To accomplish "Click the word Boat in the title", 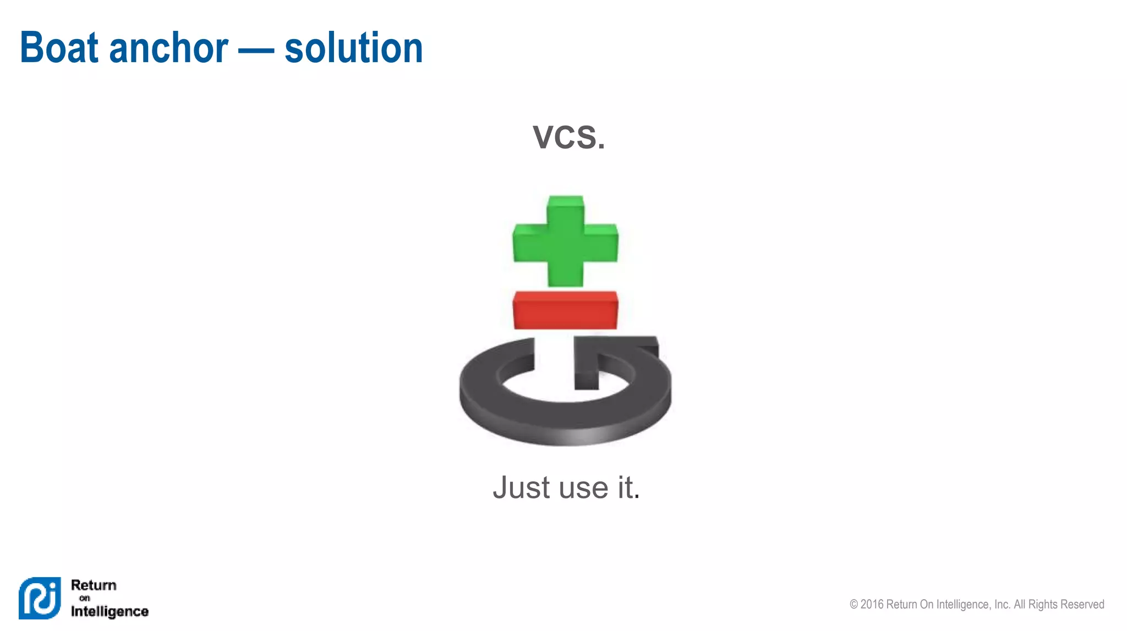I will (59, 48).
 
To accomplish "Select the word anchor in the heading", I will (168, 48).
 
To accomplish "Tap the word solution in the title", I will (353, 48).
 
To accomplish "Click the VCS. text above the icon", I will (568, 136).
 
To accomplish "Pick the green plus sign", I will (565, 242).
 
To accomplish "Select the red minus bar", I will (565, 310).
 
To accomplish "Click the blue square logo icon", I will (40, 598).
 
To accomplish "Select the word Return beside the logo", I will (94, 585).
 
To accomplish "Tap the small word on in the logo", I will (84, 598).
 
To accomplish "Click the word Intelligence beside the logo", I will (110, 611).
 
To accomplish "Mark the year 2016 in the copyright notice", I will (872, 604).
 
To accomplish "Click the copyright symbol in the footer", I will (854, 604).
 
